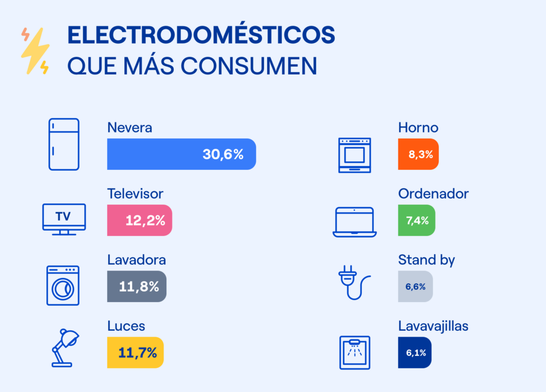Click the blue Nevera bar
[181, 154]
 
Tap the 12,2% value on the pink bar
[145, 220]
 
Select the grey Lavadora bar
[136, 287]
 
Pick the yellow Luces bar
[135, 353]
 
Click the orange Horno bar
[418, 154]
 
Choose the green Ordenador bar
[416, 220]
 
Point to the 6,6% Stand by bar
[415, 287]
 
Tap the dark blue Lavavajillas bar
[414, 353]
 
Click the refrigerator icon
[63, 144]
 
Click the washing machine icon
[62, 285]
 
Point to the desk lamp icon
[65, 348]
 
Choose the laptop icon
[355, 222]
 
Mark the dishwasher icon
[355, 352]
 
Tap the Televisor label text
[135, 193]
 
